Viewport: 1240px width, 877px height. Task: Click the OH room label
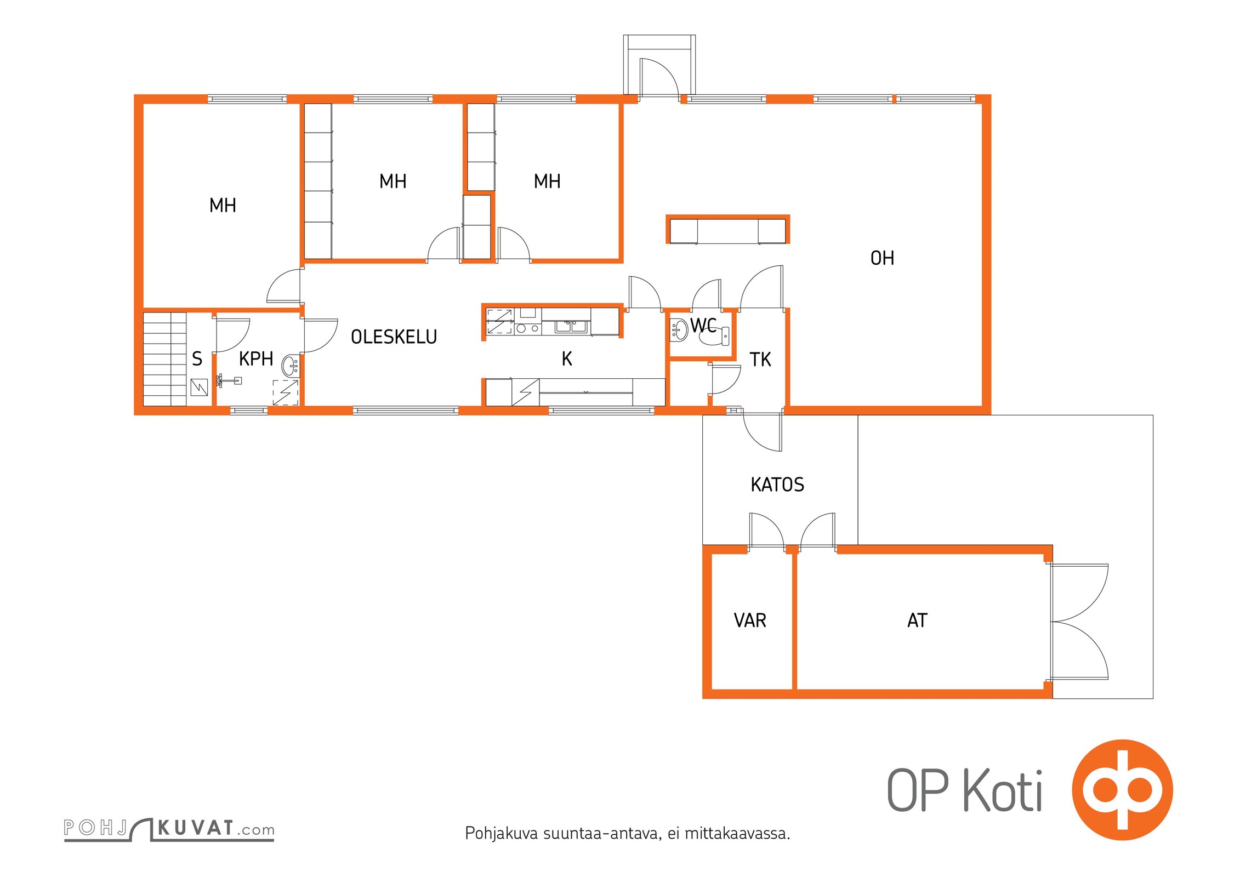(x=882, y=258)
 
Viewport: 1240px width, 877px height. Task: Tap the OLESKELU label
(x=394, y=337)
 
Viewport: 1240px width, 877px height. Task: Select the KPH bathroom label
(x=256, y=359)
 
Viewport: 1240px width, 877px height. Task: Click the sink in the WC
(x=680, y=330)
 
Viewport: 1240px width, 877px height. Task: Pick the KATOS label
(x=777, y=485)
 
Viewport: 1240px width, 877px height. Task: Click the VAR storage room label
(x=750, y=620)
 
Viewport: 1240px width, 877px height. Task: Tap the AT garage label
(x=917, y=620)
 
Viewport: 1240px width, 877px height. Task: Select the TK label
(x=760, y=360)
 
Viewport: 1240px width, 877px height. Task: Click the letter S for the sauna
(x=197, y=359)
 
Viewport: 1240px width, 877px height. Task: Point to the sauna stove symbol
(x=199, y=388)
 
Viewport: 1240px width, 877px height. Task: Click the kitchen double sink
(x=571, y=327)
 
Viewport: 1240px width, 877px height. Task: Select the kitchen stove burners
(x=527, y=329)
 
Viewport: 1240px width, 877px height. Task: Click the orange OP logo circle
(x=1122, y=789)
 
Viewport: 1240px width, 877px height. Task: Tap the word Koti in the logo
(x=1003, y=790)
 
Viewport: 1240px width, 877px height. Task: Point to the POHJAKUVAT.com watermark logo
(x=169, y=829)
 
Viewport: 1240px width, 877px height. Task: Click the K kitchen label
(x=567, y=359)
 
